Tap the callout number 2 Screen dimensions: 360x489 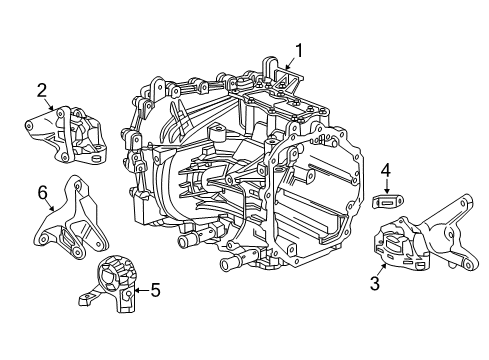pyautogui.click(x=42, y=91)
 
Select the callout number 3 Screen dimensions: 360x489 pyautogui.click(x=374, y=283)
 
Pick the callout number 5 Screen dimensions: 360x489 pyautogui.click(x=155, y=291)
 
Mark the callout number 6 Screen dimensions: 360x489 pyautogui.click(x=42, y=191)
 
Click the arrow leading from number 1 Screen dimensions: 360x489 pyautogui.click(x=291, y=64)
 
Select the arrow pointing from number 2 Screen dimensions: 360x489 pyautogui.click(x=50, y=107)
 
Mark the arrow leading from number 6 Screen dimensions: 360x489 pyautogui.click(x=49, y=205)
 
